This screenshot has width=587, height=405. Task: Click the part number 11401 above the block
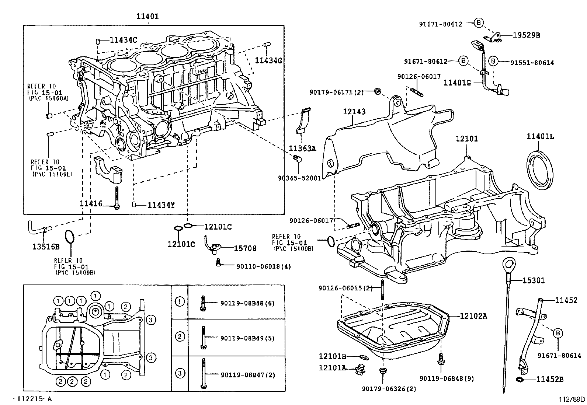147,16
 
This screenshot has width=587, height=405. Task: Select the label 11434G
269,60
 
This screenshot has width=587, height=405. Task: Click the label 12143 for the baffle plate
354,111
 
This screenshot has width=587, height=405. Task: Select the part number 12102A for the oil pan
473,316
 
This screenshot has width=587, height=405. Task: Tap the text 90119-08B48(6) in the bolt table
247,303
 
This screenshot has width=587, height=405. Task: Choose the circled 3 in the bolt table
180,373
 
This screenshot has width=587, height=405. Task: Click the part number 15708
245,248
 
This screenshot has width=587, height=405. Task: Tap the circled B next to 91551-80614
494,61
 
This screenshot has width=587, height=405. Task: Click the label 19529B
526,35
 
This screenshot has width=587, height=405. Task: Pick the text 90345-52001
299,178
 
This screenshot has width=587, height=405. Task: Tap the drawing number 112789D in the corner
571,399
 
